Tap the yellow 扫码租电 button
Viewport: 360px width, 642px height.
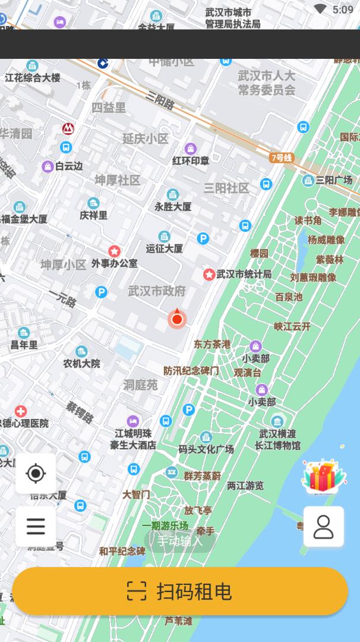click(179, 591)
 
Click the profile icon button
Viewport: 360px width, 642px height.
click(323, 527)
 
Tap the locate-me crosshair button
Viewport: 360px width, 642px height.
click(36, 474)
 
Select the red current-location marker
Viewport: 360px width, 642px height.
click(176, 319)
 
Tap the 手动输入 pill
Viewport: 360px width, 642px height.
click(179, 541)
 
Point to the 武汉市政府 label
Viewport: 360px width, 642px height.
click(157, 291)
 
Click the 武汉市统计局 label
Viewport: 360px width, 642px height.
click(244, 274)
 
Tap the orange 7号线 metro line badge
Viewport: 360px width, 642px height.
click(282, 158)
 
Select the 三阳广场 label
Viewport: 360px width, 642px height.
click(334, 180)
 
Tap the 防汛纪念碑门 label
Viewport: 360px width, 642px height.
click(191, 370)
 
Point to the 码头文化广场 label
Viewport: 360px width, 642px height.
click(206, 449)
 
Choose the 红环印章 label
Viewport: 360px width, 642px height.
click(191, 160)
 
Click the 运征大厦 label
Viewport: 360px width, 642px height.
click(165, 248)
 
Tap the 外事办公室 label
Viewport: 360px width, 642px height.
click(114, 263)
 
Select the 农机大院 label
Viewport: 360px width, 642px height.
click(82, 363)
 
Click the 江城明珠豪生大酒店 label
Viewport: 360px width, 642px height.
click(133, 439)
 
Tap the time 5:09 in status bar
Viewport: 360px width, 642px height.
click(343, 10)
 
